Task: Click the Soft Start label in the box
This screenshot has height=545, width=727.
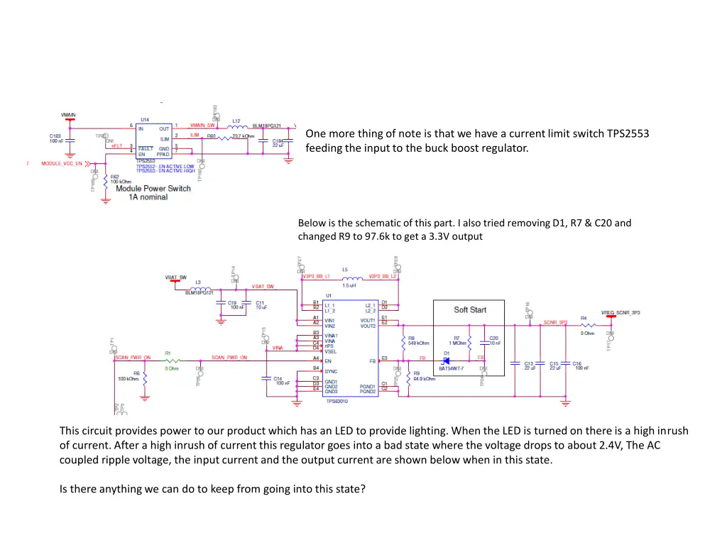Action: [x=470, y=309]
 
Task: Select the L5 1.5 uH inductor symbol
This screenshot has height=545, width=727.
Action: [x=349, y=277]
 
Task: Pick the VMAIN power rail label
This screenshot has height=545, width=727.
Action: [x=68, y=114]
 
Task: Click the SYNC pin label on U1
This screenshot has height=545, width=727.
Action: [x=330, y=369]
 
